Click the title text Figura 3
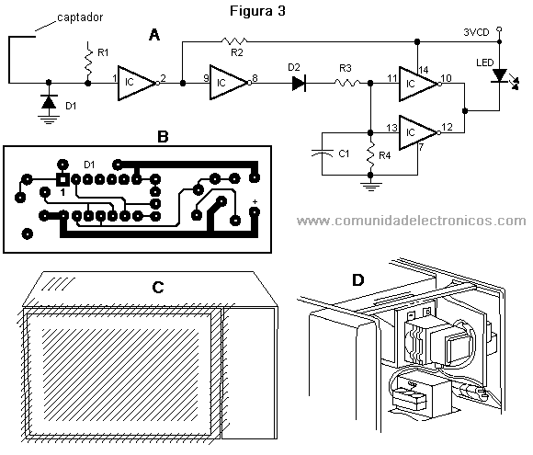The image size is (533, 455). (257, 11)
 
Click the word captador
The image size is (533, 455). (80, 17)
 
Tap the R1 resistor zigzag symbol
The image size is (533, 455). (88, 62)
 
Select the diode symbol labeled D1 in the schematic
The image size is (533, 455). (49, 101)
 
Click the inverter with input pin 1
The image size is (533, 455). (137, 83)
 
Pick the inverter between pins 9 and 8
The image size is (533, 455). (230, 83)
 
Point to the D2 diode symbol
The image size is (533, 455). (299, 83)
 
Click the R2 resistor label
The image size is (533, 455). (236, 52)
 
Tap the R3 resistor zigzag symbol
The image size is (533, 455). (347, 83)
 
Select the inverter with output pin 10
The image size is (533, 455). (419, 84)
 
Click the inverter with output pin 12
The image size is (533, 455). (419, 132)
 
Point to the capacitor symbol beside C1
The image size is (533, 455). (322, 154)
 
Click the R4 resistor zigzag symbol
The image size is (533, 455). (371, 154)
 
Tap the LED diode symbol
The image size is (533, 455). (499, 75)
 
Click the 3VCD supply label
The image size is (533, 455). (476, 32)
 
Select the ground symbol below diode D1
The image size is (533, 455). (49, 119)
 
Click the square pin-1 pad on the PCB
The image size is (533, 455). (62, 179)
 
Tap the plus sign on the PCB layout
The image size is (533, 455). (255, 201)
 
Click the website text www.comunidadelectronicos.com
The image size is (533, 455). (412, 221)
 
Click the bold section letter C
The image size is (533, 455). (158, 288)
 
